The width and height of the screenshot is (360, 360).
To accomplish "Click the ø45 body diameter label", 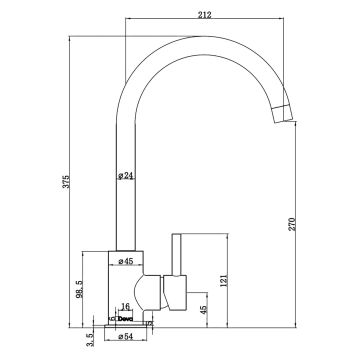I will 127,262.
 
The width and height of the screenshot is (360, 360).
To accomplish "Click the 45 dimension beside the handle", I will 206,309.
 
